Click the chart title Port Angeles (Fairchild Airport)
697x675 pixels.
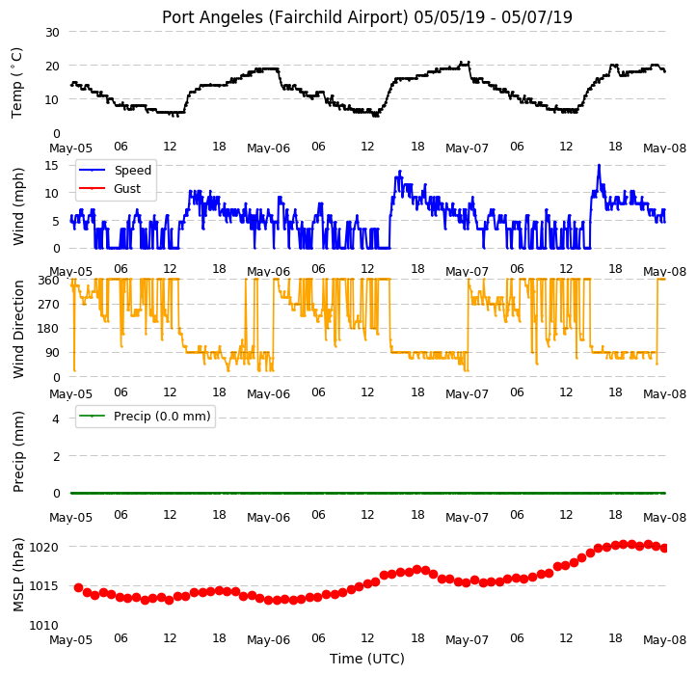tap(285, 17)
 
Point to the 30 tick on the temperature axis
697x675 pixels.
tap(52, 33)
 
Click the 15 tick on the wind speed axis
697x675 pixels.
tap(52, 166)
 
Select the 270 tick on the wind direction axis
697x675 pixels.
tap(49, 305)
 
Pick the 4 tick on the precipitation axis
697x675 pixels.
tap(56, 418)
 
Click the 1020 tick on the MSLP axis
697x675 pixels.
tap(44, 548)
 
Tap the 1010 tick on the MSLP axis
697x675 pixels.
tap(44, 626)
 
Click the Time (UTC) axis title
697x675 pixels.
tap(367, 659)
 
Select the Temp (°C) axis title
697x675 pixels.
tap(17, 83)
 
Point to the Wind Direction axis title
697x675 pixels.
tap(17, 330)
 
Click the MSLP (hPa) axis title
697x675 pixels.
tap(17, 575)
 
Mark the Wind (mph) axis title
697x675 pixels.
tap(17, 206)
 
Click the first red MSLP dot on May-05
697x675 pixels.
tap(79, 588)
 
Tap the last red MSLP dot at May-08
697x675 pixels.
tap(664, 549)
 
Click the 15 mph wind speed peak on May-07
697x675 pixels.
tap(600, 166)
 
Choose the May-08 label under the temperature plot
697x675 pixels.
tap(664, 148)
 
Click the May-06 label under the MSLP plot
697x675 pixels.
tap(269, 640)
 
